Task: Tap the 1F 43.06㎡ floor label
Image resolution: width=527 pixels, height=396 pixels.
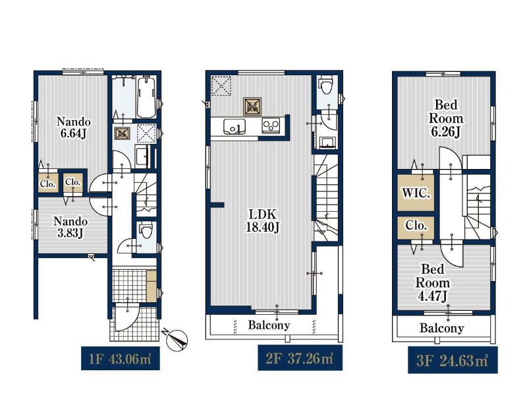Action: pyautogui.click(x=121, y=358)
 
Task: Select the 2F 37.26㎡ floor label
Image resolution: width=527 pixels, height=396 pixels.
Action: pyautogui.click(x=300, y=358)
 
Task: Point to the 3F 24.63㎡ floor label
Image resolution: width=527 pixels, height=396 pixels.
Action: pyautogui.click(x=453, y=360)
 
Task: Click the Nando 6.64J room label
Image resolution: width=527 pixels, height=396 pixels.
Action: pyautogui.click(x=74, y=127)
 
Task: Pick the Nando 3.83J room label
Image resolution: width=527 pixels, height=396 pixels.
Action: pyautogui.click(x=70, y=227)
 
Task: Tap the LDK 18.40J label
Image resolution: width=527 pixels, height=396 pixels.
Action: pyautogui.click(x=263, y=220)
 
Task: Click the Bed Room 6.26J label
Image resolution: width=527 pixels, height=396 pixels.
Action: pyautogui.click(x=446, y=118)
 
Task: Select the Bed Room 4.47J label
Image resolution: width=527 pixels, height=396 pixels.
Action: pyautogui.click(x=433, y=282)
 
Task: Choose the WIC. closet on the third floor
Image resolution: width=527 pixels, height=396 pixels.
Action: pyautogui.click(x=416, y=193)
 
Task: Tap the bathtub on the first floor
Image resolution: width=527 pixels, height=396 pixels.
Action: pyautogui.click(x=146, y=96)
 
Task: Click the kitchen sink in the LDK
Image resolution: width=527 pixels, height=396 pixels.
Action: pyautogui.click(x=235, y=126)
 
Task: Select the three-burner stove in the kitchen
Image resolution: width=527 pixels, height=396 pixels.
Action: pyautogui.click(x=271, y=126)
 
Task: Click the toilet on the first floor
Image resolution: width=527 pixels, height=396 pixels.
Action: pyautogui.click(x=146, y=231)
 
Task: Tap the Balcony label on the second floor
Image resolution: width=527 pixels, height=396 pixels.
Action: pyautogui.click(x=269, y=325)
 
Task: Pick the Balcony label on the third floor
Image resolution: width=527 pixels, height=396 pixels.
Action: pyautogui.click(x=442, y=327)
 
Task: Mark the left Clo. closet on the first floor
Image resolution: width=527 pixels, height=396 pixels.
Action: pyautogui.click(x=48, y=183)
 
